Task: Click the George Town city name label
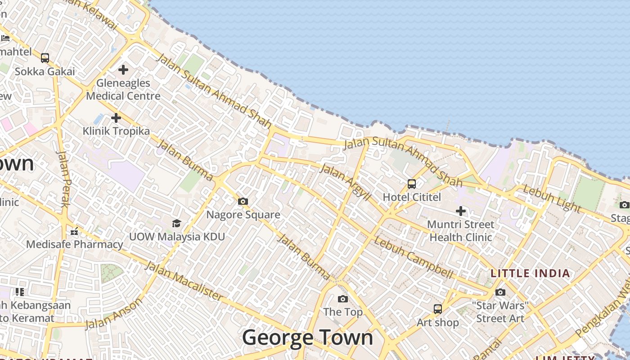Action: click(308, 337)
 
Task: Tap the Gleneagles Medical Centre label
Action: click(123, 90)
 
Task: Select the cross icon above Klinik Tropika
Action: click(116, 118)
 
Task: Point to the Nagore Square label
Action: click(243, 215)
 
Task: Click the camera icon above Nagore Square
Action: click(243, 201)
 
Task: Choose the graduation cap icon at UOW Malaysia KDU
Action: click(176, 223)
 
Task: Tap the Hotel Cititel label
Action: click(412, 197)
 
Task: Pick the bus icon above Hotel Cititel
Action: click(412, 184)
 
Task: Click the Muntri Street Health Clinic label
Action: click(461, 230)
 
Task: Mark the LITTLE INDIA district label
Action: click(530, 273)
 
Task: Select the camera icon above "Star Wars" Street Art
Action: click(500, 292)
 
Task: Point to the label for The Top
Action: click(343, 312)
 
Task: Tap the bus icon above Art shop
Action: click(438, 309)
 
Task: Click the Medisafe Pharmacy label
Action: click(74, 244)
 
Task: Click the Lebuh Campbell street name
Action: click(413, 257)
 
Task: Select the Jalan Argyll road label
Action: click(345, 183)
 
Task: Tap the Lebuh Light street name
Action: click(552, 198)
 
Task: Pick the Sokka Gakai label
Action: click(45, 71)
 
